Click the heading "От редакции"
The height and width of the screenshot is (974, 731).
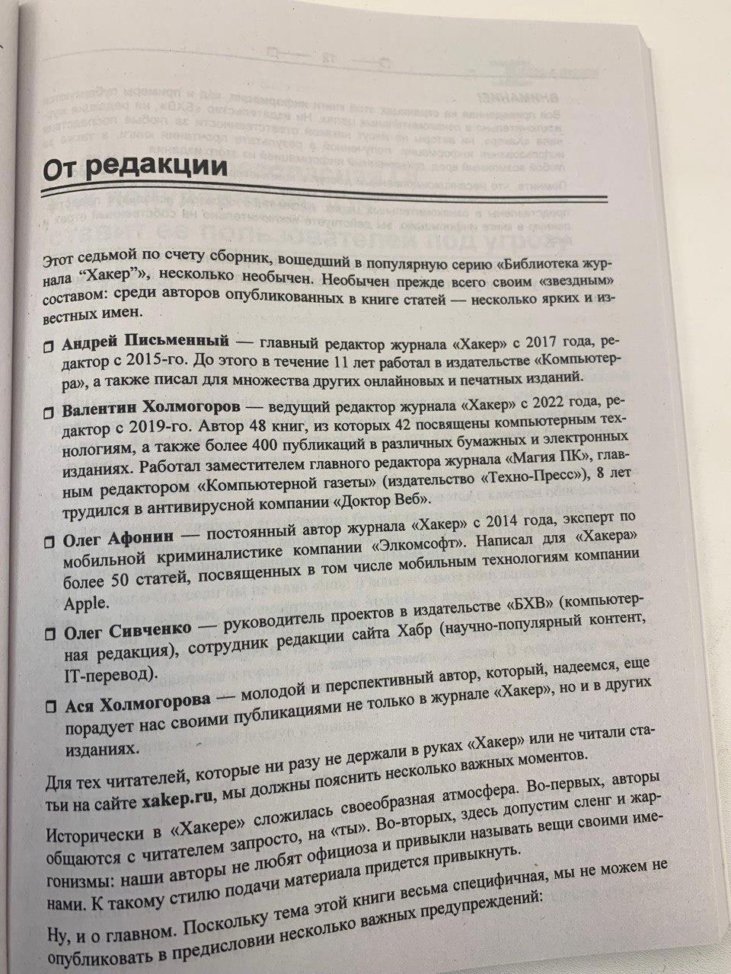click(x=135, y=167)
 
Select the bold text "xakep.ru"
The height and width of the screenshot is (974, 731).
click(x=178, y=804)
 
